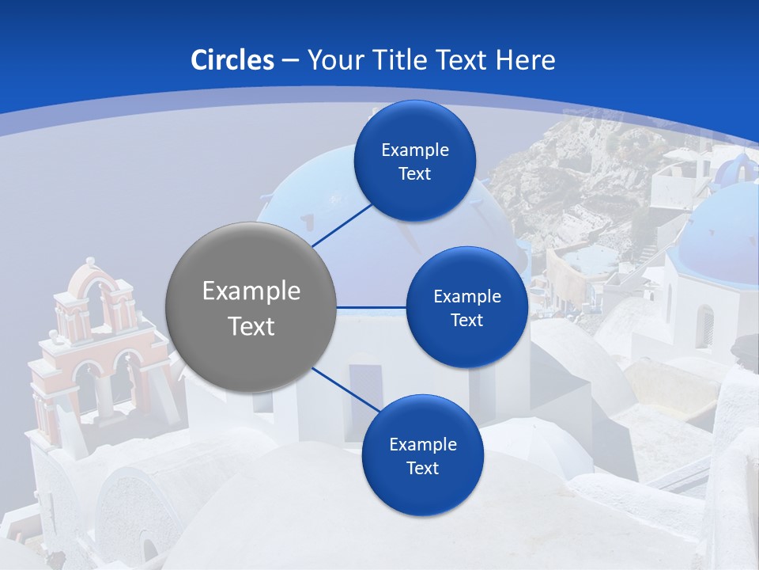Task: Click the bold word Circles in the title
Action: (232, 60)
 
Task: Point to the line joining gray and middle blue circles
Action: (372, 307)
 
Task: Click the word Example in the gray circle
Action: (251, 291)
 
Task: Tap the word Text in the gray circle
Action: (251, 326)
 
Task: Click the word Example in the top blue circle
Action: (415, 150)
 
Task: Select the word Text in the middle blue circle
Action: (467, 321)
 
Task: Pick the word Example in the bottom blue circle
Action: (423, 445)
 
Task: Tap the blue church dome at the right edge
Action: (726, 234)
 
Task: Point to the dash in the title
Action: (290, 60)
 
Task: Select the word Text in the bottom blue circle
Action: (423, 469)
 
